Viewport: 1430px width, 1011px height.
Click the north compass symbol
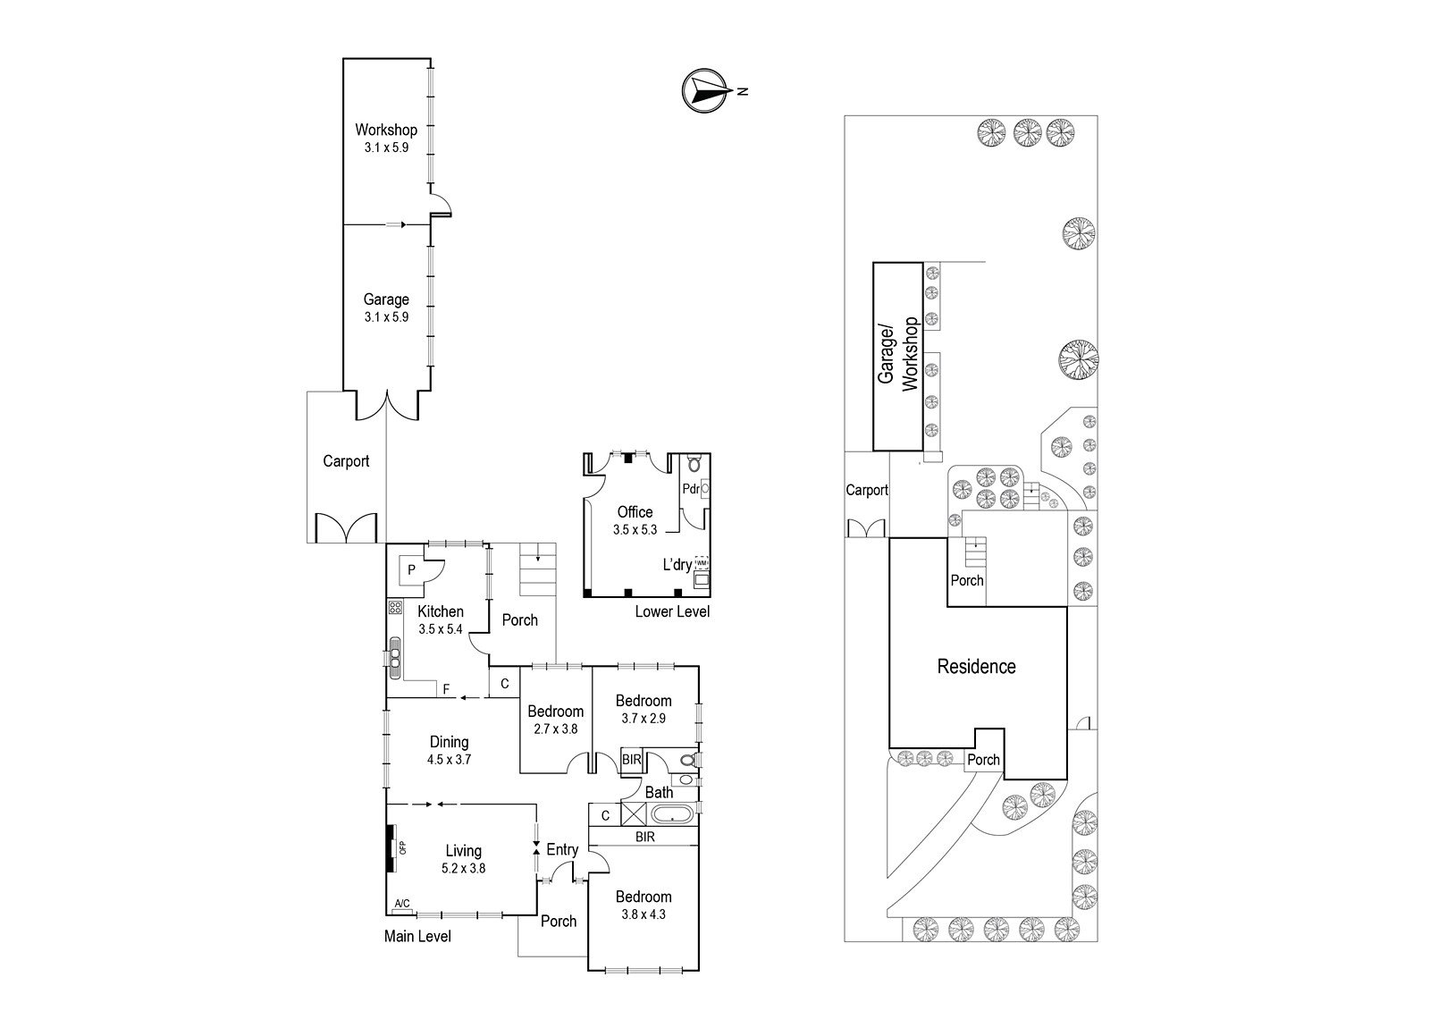705,90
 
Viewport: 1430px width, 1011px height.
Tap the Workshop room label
386,130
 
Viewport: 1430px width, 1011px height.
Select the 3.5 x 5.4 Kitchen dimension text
441,629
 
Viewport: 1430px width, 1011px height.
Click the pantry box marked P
412,569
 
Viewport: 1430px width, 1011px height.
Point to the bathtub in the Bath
672,815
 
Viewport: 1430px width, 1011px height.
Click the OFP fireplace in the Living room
391,847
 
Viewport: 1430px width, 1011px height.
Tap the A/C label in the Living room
402,904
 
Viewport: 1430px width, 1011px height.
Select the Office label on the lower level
635,512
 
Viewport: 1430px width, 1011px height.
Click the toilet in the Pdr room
694,463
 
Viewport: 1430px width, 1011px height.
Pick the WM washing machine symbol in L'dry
702,563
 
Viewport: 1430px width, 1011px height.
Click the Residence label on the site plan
976,667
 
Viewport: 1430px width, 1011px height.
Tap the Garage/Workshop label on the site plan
897,355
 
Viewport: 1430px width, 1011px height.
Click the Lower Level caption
672,611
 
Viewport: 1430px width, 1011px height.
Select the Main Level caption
417,936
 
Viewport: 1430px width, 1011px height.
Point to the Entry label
562,849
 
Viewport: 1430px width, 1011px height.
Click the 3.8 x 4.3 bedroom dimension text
643,914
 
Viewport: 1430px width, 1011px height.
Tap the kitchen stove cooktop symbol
394,607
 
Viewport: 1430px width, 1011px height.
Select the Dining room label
449,742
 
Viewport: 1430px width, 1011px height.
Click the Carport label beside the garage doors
346,461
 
